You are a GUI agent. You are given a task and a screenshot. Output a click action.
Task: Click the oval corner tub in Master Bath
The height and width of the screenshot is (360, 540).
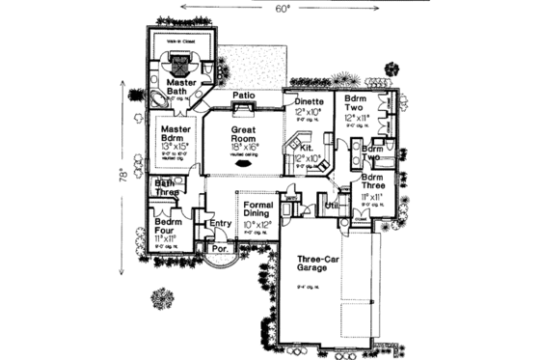[x=155, y=101]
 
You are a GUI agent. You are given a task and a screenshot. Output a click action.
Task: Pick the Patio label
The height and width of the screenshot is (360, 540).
[x=243, y=96]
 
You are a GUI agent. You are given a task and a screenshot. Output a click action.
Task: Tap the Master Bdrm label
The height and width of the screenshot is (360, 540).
[x=175, y=134]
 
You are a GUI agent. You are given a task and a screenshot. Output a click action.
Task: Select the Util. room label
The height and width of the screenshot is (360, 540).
[x=331, y=206]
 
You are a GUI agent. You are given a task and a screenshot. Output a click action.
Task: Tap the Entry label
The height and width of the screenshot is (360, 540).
[x=220, y=225]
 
